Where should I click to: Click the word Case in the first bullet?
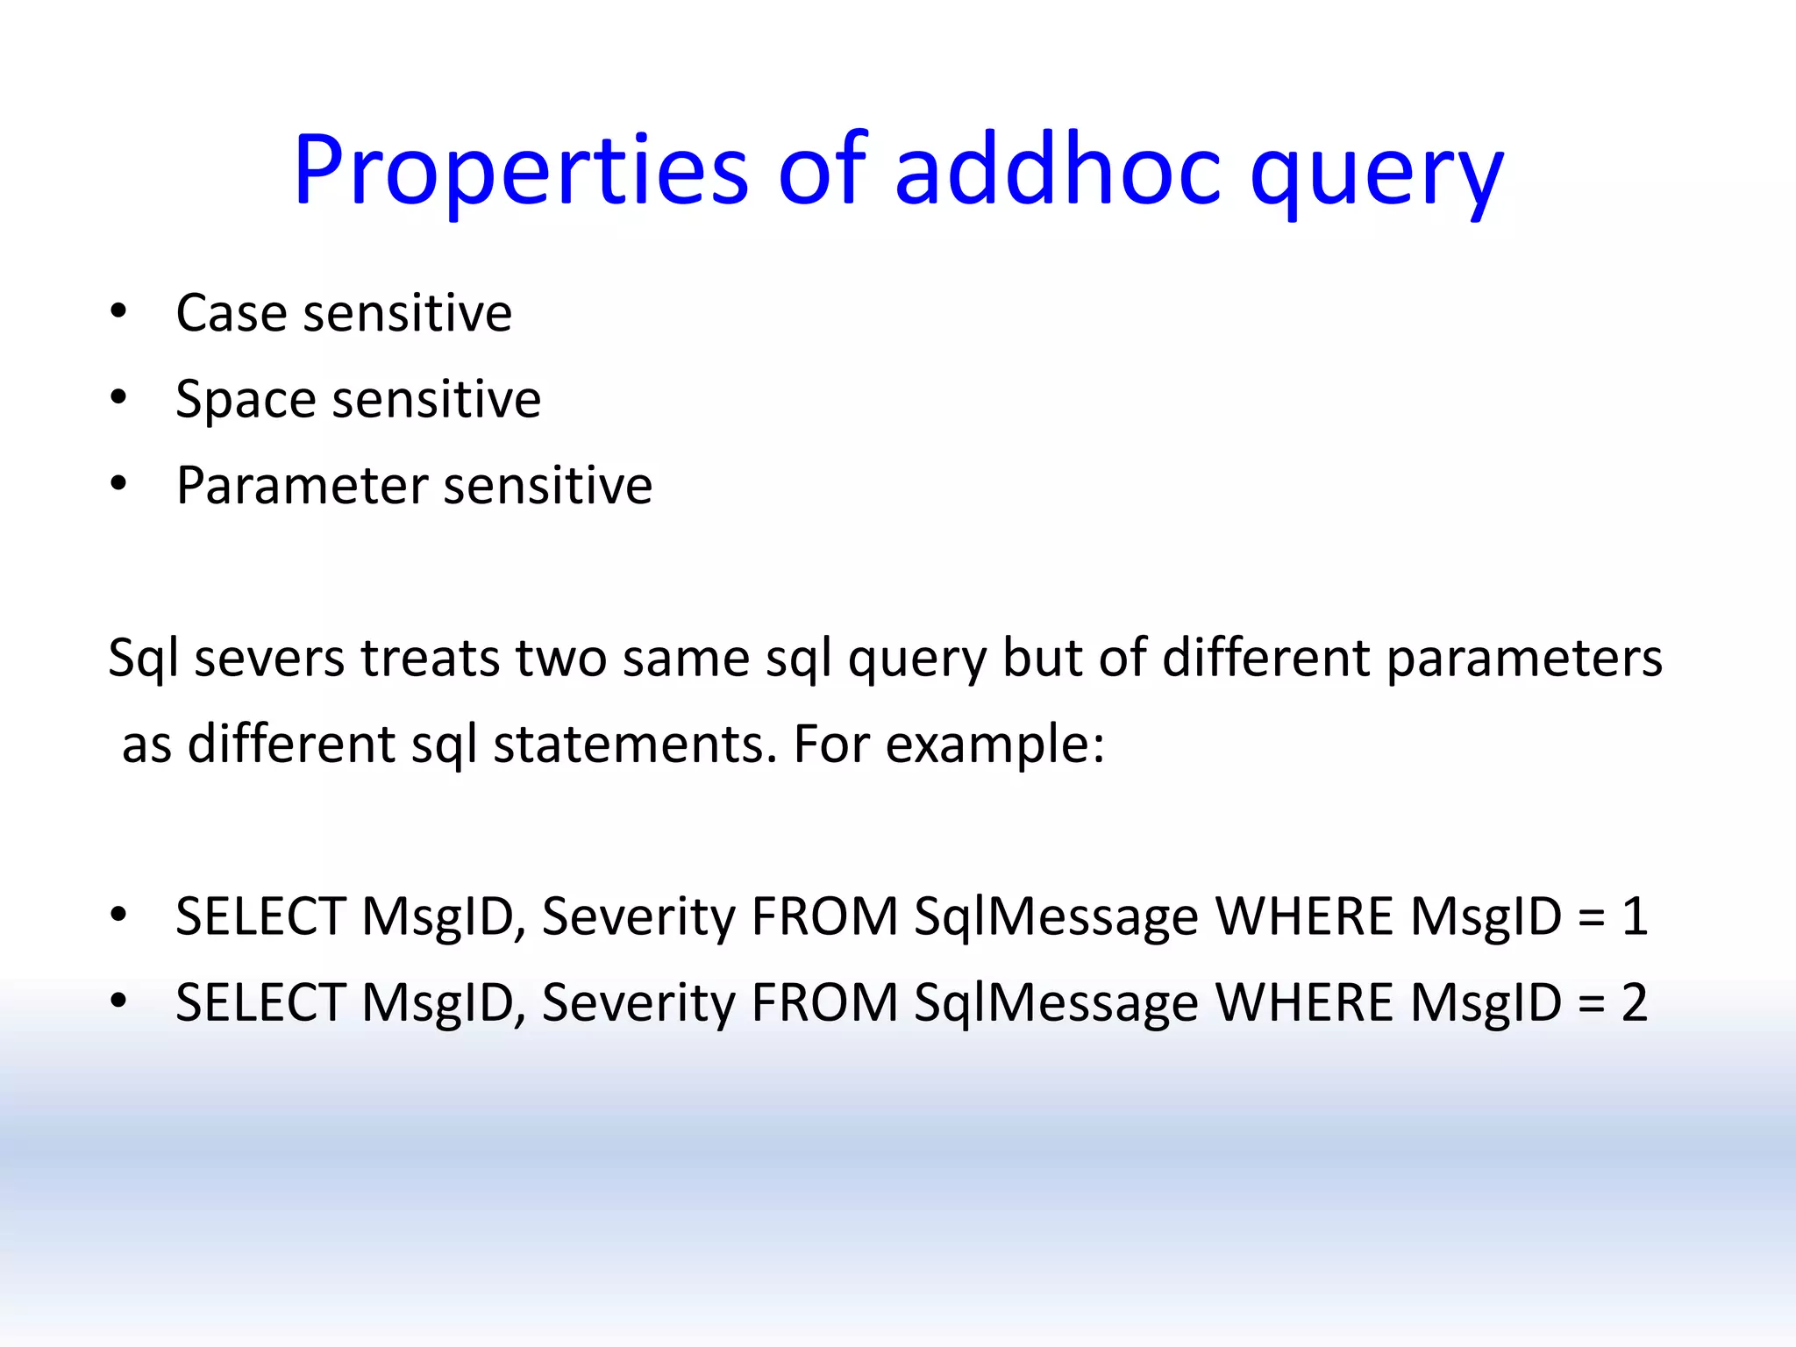coord(231,313)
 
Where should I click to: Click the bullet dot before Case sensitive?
coord(118,311)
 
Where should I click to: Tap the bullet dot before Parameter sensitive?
coord(118,484)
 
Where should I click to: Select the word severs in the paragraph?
coord(269,658)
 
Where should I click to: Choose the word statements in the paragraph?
coord(634,745)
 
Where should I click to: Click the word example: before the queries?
coord(994,745)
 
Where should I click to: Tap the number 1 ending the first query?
coord(1634,916)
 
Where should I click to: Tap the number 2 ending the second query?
coord(1634,1002)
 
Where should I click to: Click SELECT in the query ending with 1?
coord(260,916)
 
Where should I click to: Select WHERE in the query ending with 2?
coord(1304,1002)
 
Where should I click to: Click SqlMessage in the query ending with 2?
coord(1056,1002)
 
